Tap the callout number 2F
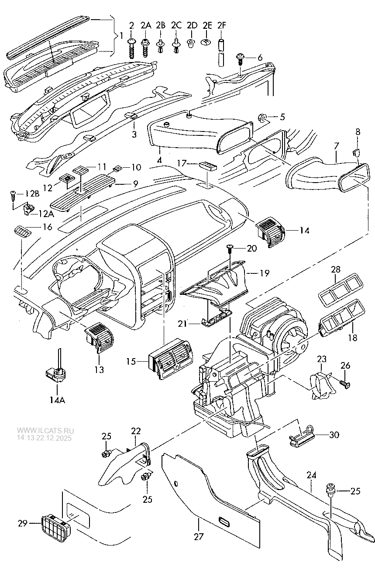[x=221, y=26]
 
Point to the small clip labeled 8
[x=356, y=152]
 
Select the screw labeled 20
[x=229, y=250]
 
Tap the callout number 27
[x=199, y=536]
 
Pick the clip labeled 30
[x=303, y=435]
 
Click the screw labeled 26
[x=345, y=383]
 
